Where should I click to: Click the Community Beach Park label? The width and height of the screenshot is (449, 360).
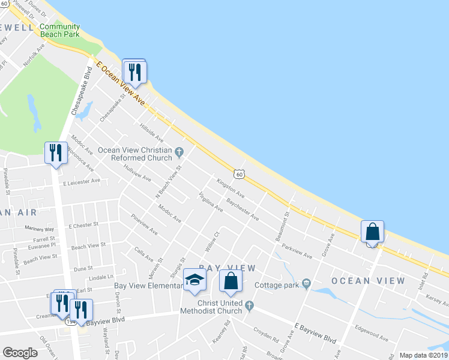coord(59,31)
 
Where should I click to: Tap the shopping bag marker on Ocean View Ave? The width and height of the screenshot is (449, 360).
coord(372,232)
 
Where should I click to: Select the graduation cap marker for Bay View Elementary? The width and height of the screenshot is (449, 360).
coord(194,280)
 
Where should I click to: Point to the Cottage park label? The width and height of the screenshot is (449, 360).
coord(277,285)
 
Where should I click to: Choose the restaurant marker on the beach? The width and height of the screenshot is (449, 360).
coord(134,72)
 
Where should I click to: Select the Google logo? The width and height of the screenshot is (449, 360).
coord(20,353)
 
